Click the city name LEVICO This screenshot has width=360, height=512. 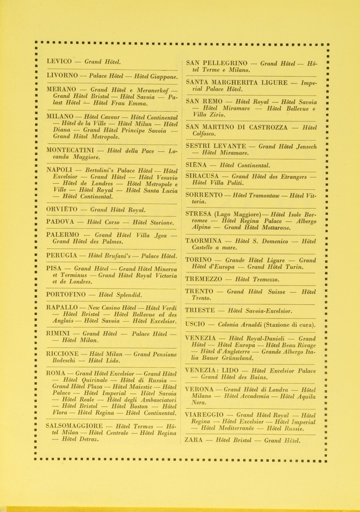pos(59,61)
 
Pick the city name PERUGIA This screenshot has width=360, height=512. pos(63,255)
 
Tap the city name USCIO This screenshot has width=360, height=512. pos(195,324)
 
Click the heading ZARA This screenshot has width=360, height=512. pos(194,439)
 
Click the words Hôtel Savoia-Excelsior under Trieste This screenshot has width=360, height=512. pos(260,311)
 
